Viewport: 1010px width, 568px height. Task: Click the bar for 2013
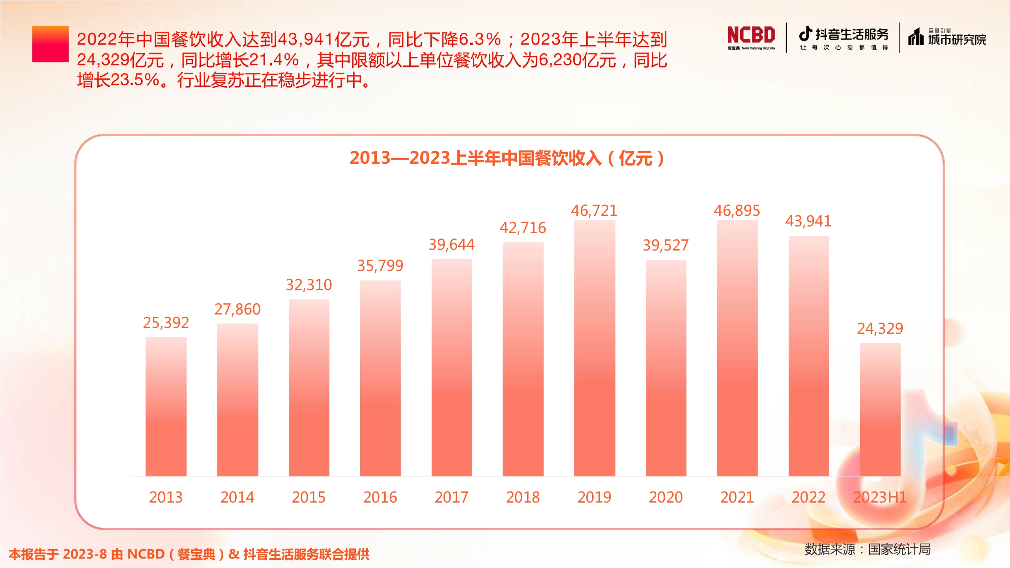coord(166,406)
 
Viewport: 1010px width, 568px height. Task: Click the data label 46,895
coord(737,211)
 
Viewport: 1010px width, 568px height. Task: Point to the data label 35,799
coord(380,266)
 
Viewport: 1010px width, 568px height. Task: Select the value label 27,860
coord(237,309)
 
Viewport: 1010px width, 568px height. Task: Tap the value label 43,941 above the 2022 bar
coord(808,221)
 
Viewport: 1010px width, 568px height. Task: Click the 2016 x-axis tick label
coord(380,497)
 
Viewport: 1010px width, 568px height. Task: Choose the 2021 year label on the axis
coord(737,497)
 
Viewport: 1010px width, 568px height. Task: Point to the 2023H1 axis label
coord(880,497)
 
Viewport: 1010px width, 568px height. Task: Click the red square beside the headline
coord(50,44)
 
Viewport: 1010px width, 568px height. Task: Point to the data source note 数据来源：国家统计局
coord(867,549)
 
